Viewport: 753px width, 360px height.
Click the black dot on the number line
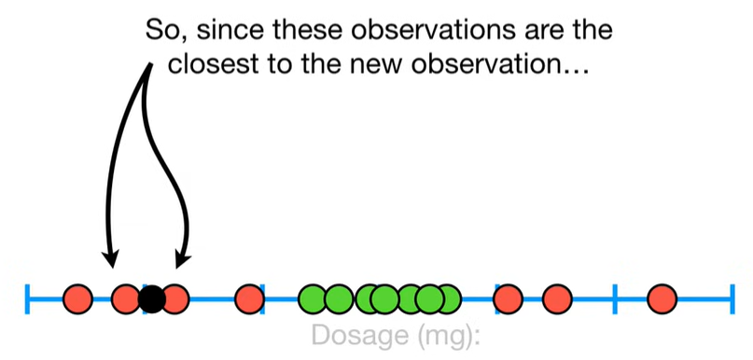click(152, 299)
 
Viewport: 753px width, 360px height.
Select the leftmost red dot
click(77, 298)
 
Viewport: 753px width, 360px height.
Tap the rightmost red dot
click(662, 298)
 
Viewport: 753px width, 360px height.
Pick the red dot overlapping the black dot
click(175, 298)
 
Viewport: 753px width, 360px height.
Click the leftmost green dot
click(314, 298)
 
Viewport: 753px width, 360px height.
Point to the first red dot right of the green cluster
click(509, 298)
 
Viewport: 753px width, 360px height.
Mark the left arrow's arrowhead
click(110, 259)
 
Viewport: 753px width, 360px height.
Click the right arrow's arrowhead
click(183, 259)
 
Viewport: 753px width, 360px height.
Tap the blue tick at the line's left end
click(27, 299)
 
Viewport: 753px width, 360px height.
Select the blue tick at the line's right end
click(732, 299)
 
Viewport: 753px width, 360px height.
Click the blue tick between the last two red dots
click(615, 299)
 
